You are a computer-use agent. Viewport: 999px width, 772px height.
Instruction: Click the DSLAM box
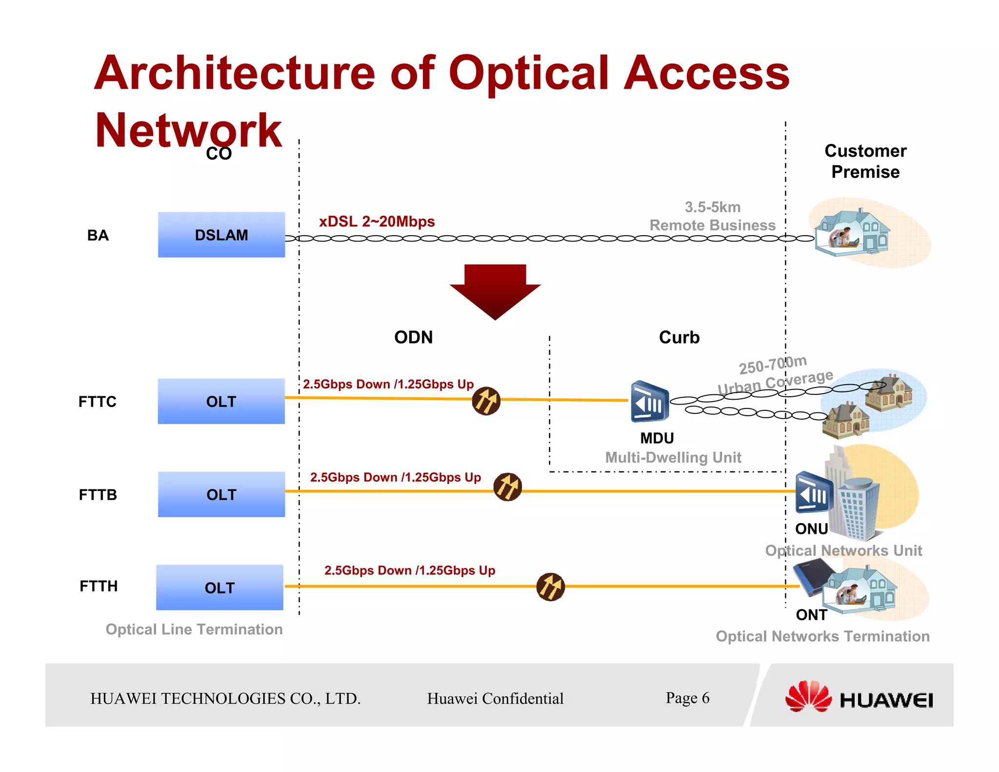[x=221, y=235]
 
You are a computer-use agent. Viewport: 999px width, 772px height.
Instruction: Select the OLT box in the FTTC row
[x=221, y=401]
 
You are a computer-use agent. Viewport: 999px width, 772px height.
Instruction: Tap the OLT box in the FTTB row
[x=221, y=494]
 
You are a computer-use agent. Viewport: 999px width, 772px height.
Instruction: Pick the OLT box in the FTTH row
[x=220, y=588]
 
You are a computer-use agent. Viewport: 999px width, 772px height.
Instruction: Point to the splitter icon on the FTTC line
[x=486, y=401]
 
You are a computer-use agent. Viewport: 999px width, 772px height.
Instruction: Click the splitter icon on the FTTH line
[x=550, y=587]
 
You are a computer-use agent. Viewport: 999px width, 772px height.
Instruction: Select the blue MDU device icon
[x=649, y=402]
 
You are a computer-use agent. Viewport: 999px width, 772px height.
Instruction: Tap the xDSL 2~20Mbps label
[x=377, y=222]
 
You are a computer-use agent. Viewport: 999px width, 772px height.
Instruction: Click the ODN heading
[x=413, y=337]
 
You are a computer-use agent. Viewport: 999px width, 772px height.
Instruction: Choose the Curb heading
[x=679, y=337]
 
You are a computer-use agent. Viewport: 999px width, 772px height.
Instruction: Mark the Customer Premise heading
[x=865, y=161]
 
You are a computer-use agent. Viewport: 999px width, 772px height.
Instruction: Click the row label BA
[x=98, y=235]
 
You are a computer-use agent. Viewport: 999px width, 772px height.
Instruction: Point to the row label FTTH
[x=99, y=586]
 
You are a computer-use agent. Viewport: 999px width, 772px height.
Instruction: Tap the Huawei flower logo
[x=808, y=696]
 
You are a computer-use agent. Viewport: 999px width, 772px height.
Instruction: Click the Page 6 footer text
[x=687, y=698]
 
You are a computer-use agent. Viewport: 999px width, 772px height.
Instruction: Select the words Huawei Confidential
[x=495, y=698]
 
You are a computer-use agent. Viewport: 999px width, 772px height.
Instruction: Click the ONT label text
[x=811, y=615]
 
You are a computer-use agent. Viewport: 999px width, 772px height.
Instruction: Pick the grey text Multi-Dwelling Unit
[x=673, y=457]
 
